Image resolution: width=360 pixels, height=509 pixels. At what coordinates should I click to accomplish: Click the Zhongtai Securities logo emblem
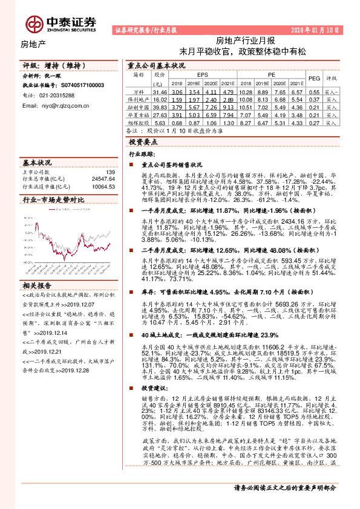tap(34, 24)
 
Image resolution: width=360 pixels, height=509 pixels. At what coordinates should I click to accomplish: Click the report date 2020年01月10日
tap(316, 29)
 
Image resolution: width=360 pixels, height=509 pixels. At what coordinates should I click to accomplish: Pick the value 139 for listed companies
tap(110, 172)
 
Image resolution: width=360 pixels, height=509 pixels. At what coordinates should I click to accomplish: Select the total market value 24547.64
tap(103, 179)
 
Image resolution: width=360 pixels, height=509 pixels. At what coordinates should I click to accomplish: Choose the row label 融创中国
tap(140, 106)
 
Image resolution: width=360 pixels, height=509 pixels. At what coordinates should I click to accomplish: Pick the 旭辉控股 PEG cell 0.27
tap(314, 121)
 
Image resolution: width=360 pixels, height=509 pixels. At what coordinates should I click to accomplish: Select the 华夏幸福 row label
tap(140, 114)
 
